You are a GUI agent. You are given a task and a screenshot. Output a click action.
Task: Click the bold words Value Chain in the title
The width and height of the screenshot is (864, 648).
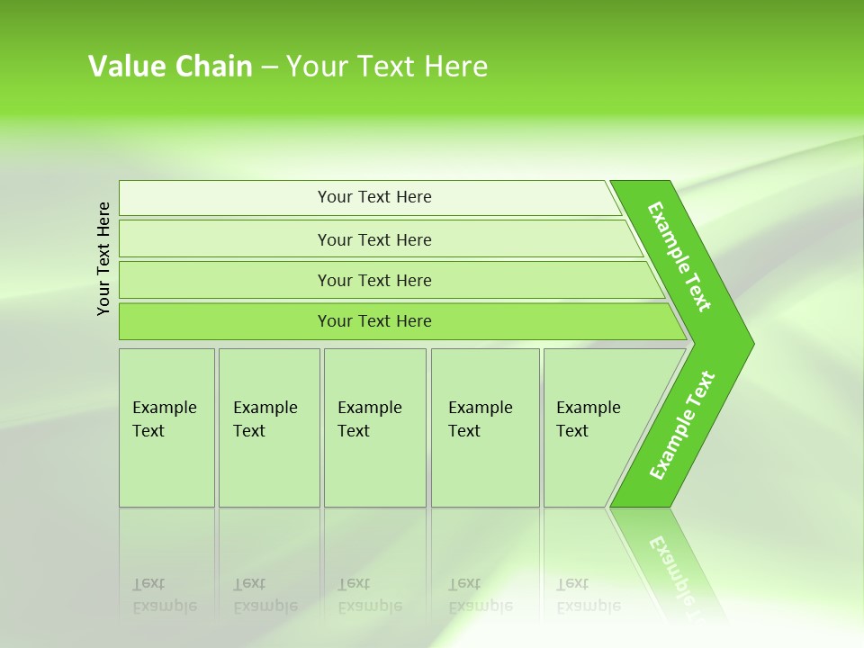[x=170, y=67]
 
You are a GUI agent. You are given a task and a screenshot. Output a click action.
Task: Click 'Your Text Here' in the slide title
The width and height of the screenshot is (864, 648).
[x=387, y=67]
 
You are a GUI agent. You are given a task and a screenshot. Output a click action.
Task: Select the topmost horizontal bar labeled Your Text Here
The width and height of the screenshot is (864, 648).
[x=373, y=197]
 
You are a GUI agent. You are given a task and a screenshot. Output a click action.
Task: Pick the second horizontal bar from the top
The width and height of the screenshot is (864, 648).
[x=373, y=239]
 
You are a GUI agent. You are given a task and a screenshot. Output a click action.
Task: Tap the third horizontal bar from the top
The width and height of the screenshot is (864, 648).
[x=373, y=280]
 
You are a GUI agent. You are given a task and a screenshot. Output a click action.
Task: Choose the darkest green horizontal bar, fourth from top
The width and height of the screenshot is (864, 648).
[x=373, y=321]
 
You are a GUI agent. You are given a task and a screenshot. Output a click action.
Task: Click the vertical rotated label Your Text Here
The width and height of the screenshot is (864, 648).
[x=103, y=258]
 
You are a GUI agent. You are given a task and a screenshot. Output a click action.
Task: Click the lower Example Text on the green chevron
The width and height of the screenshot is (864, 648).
[x=682, y=426]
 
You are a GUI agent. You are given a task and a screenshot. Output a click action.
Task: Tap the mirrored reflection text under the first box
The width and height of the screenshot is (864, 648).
[x=165, y=595]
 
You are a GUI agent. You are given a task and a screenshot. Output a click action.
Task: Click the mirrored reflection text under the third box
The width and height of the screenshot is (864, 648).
[x=369, y=595]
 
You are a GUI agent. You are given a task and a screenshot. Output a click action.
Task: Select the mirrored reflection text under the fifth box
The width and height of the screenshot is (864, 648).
[x=589, y=595]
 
